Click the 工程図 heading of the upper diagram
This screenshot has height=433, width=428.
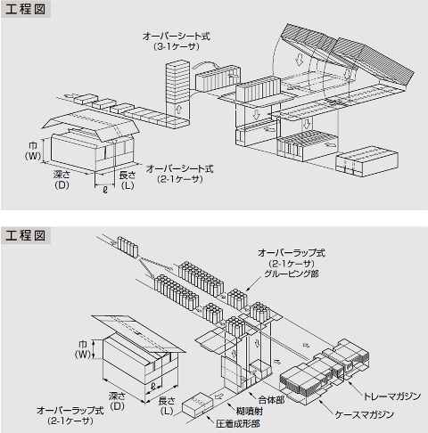(x=29, y=11)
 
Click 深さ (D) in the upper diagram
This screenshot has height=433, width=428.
(x=62, y=181)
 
